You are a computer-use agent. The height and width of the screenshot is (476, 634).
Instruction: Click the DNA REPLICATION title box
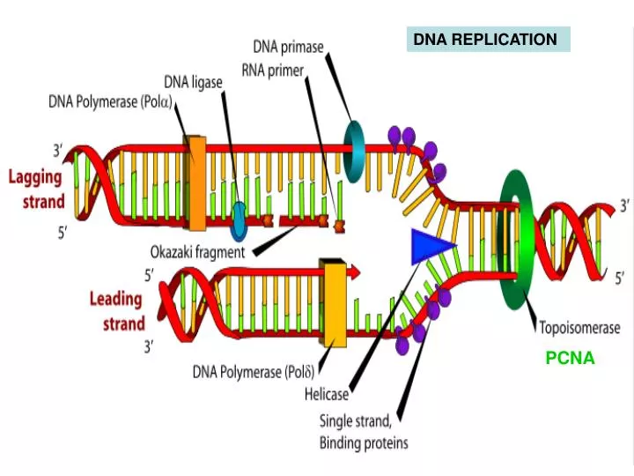[x=488, y=40]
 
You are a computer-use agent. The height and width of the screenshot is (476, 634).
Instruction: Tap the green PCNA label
[x=570, y=358]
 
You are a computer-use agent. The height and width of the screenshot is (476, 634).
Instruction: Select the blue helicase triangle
[x=431, y=244]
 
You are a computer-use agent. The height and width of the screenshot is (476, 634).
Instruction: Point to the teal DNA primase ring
[x=354, y=151]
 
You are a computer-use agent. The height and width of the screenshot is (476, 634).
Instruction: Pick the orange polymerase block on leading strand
[x=334, y=302]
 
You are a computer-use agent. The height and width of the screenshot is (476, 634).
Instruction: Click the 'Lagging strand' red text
[x=36, y=189]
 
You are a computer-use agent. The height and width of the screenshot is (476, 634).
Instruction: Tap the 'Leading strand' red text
[x=117, y=310]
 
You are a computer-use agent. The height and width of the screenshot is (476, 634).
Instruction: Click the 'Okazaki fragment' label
[x=196, y=251]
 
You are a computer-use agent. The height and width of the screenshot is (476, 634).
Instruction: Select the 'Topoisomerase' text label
[x=579, y=327]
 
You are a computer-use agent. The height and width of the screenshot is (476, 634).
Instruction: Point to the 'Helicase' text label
[x=327, y=395]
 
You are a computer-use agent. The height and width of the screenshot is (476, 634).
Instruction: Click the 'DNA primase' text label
[x=288, y=46]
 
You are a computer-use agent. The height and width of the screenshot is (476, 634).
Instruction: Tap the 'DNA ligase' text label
[x=193, y=82]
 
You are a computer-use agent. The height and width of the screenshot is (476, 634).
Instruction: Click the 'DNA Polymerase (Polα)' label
[x=111, y=101]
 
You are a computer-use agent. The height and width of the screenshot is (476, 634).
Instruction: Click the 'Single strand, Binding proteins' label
[x=363, y=431]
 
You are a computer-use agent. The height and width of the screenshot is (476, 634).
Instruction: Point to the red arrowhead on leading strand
[x=354, y=273]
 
